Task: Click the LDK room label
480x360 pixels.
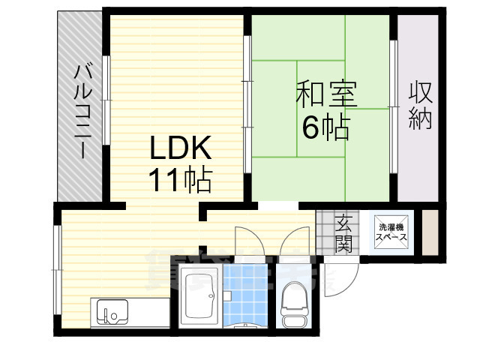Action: click(x=181, y=147)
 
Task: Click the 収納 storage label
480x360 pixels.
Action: click(x=420, y=106)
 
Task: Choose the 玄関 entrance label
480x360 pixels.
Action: click(x=343, y=232)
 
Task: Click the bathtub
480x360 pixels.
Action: click(x=199, y=295)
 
